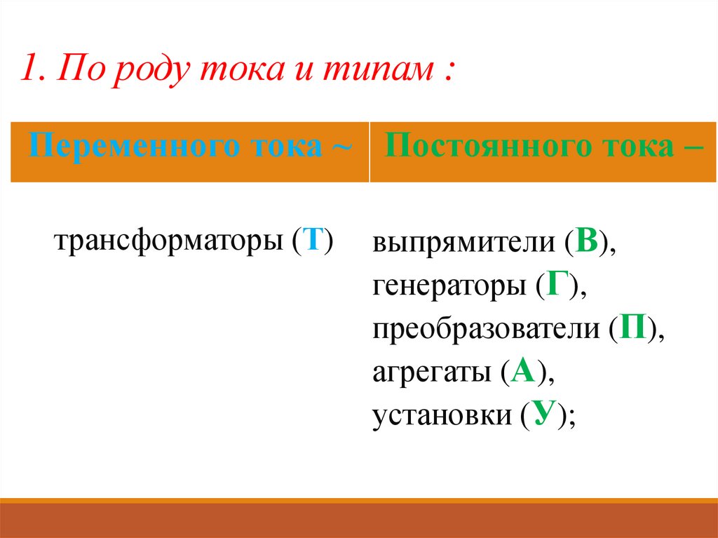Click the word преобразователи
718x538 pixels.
coord(486,330)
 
